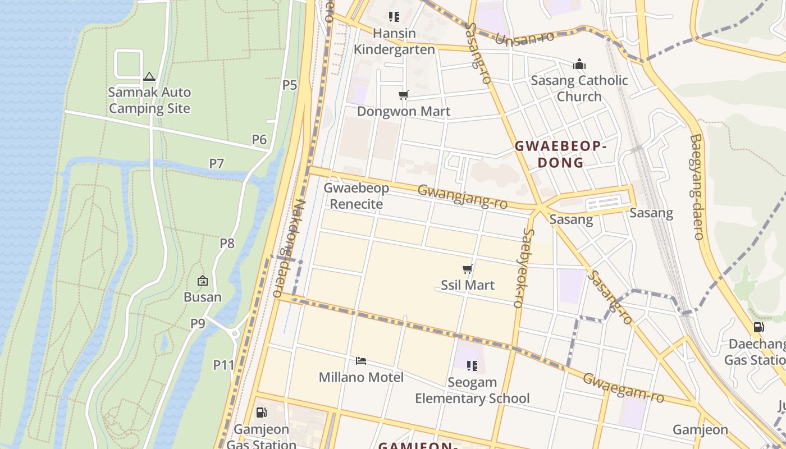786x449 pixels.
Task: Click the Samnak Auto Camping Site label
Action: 149,100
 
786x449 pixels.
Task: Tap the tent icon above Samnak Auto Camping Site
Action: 149,76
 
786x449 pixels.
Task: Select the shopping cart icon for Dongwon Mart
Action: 403,95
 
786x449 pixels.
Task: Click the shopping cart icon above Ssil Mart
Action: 467,269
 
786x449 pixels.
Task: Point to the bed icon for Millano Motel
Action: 361,361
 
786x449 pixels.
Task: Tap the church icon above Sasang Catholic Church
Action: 579,65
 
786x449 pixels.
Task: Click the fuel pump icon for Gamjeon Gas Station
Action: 261,413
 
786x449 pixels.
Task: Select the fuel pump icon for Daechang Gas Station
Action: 758,327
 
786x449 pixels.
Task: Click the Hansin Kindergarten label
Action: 394,42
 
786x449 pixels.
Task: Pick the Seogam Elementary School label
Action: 472,390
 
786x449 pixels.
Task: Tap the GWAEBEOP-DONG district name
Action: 561,154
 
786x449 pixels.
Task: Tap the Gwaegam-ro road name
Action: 623,387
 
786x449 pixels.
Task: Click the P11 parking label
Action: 223,365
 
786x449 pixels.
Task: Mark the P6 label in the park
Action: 259,139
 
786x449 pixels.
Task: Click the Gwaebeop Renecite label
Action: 356,196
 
